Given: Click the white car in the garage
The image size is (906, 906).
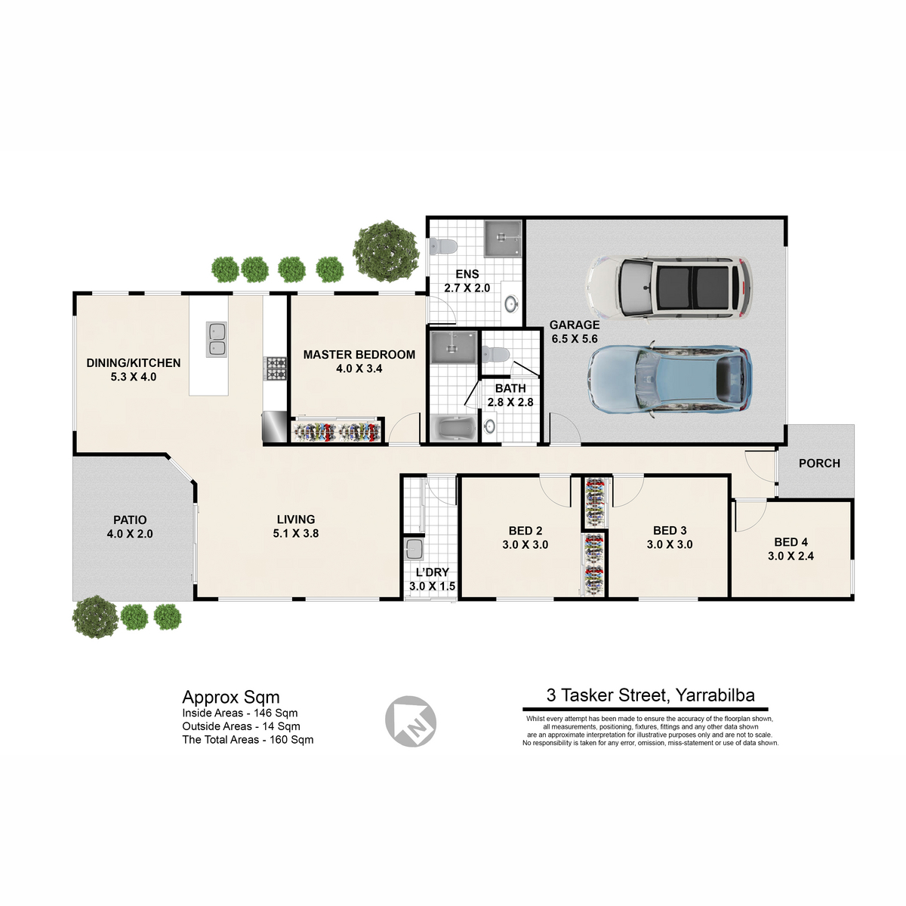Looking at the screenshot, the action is tap(669, 287).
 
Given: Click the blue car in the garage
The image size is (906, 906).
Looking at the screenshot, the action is tap(670, 380).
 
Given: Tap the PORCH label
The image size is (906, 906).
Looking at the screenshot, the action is tap(819, 463).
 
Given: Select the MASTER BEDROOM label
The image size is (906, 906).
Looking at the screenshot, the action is tap(359, 355).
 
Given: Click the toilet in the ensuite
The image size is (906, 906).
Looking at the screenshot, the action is tap(443, 246).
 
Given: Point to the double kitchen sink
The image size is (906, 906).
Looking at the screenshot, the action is tap(216, 339).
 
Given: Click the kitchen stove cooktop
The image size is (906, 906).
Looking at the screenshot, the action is tap(276, 368).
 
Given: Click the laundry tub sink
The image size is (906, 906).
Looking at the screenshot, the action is tap(414, 548).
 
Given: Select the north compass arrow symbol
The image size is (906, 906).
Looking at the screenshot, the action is tap(411, 721).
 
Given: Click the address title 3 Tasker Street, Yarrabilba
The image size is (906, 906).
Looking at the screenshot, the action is tap(650, 695).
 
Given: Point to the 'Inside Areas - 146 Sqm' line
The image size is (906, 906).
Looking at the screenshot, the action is tap(240, 713).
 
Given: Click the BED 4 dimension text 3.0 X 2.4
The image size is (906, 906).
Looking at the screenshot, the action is tap(790, 556).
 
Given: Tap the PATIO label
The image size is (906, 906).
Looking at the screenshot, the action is tap(130, 520).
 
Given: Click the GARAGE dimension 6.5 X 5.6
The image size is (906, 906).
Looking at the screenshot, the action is tap(575, 338).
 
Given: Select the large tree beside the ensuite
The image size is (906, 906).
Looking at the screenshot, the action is tap(386, 251).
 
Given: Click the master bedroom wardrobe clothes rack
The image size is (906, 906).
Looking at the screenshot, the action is tap(336, 431).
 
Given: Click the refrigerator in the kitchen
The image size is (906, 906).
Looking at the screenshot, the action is tap(275, 427).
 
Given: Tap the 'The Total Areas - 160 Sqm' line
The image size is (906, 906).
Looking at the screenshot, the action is tap(248, 740).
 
